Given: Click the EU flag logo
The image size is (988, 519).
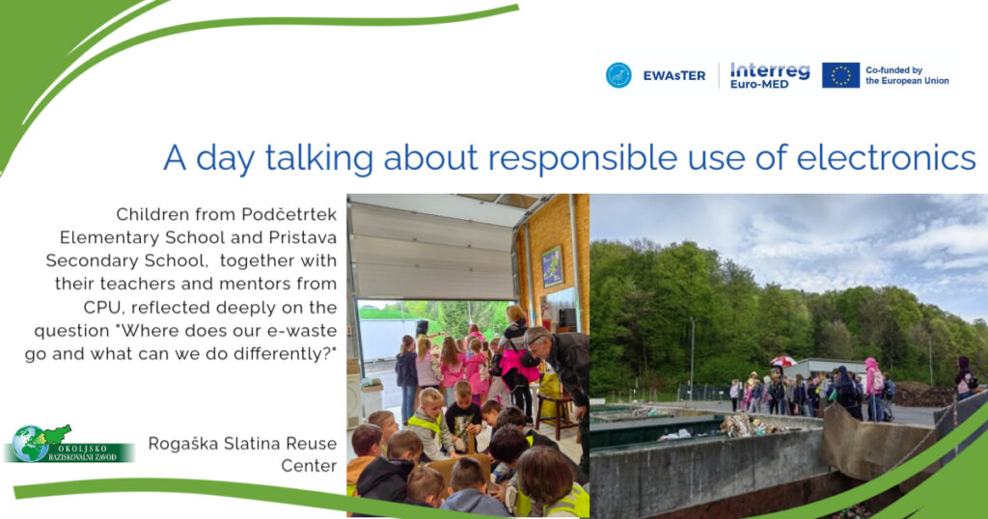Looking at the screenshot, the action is (x=840, y=75).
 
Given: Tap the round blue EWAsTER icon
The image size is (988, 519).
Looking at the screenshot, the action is (x=618, y=75).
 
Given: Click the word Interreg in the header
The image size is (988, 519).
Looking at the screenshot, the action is (x=770, y=70).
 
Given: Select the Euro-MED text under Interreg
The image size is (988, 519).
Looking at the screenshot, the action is (x=759, y=84).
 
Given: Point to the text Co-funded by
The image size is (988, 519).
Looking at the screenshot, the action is (x=893, y=69).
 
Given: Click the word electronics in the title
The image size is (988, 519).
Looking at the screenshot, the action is (x=887, y=157).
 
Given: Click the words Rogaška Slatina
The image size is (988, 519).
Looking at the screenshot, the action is (x=214, y=444).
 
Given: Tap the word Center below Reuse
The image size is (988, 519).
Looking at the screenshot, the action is (x=309, y=466).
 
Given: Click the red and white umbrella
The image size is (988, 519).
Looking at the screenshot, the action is (x=782, y=361).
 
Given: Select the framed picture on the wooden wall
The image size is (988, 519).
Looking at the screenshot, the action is (x=553, y=266).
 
